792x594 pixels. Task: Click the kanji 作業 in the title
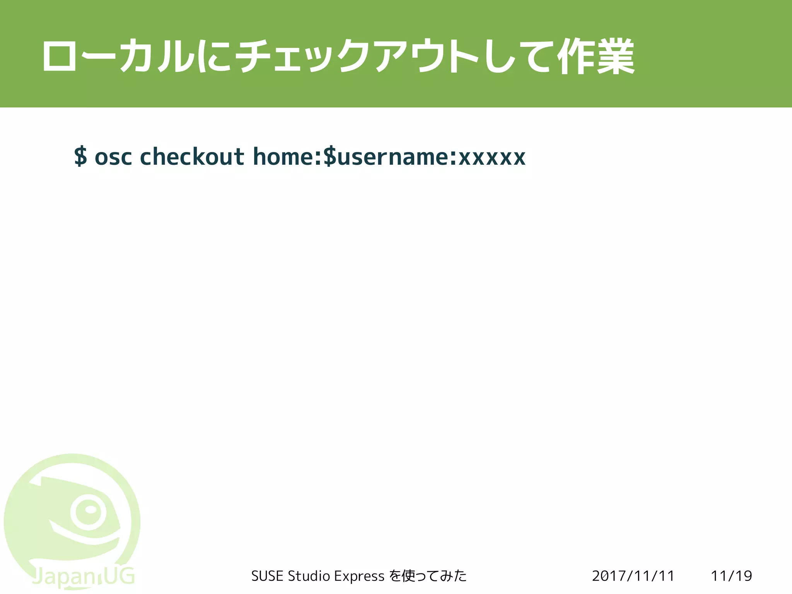596,56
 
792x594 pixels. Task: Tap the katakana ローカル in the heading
118,56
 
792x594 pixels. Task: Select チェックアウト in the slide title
356,56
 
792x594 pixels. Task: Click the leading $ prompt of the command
80,156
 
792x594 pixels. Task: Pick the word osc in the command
113,157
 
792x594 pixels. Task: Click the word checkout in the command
192,156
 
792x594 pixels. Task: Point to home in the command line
285,156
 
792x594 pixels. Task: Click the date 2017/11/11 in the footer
633,576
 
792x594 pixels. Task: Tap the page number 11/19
731,576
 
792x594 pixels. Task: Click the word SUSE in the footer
268,576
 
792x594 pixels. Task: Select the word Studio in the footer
309,576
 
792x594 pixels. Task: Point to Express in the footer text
359,576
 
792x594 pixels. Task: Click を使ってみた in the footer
428,576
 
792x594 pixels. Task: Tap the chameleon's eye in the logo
89,511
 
